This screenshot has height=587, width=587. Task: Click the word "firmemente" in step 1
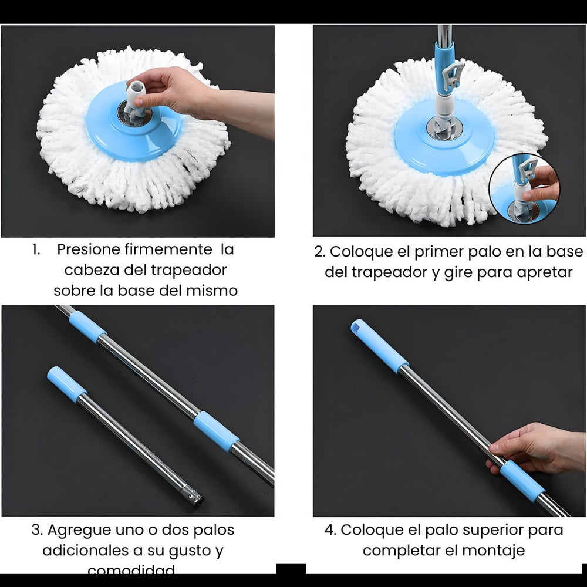pos(169,249)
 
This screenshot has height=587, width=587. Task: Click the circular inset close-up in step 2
pos(524,188)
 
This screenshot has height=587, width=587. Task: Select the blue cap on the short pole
pos(66,384)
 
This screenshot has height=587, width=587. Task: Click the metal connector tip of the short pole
pos(194,498)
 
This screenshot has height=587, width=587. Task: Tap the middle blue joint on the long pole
pos(216,431)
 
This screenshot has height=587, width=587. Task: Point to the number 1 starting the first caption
pos(36,249)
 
